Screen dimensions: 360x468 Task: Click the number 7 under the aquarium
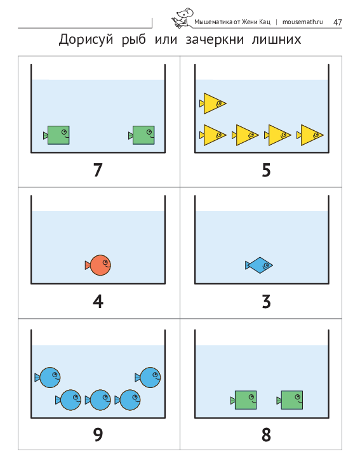coord(98,170)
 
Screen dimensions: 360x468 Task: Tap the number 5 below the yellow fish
coord(266,170)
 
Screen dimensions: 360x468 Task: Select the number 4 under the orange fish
coord(98,302)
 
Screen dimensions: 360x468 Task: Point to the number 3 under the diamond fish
coord(266,302)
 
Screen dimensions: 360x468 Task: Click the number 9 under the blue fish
coord(98,434)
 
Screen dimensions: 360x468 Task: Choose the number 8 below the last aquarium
coord(266,434)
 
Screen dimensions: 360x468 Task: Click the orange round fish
coord(98,265)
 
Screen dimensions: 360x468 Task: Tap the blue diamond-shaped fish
coord(259,265)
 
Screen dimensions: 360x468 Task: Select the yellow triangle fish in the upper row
coord(213,104)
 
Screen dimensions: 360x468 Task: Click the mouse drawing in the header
coord(182,18)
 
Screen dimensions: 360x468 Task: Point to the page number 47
coord(337,22)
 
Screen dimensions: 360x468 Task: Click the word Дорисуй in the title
coord(86,39)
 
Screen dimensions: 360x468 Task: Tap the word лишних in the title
coord(276,39)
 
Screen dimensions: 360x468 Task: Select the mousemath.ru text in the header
coord(302,22)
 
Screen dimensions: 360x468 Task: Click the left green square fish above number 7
coord(57,135)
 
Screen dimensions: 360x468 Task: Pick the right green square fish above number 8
coord(290,400)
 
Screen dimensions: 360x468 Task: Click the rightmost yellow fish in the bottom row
coord(310,135)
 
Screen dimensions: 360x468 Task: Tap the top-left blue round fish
coord(48,378)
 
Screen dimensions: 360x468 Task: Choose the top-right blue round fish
coord(148,378)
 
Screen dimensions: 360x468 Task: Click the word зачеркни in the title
coord(215,39)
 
